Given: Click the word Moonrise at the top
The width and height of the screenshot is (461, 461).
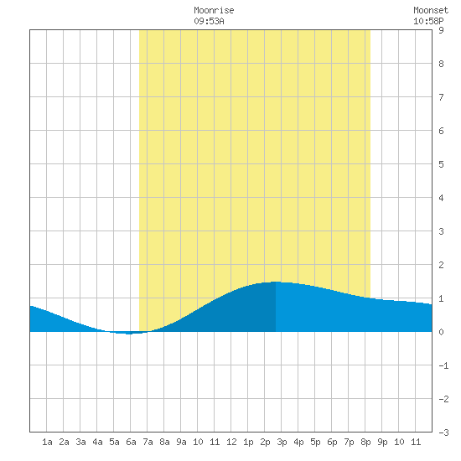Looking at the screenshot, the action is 214,10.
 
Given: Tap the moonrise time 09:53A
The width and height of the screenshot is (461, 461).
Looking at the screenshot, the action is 209,21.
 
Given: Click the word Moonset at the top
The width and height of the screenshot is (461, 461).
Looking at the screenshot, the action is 431,10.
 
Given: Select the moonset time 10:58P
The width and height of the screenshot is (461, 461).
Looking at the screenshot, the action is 428,21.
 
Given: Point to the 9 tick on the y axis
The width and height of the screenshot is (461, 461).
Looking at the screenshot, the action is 441,30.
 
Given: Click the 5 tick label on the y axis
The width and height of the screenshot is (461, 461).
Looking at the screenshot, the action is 441,164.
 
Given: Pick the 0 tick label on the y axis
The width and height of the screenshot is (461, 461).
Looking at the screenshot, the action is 441,332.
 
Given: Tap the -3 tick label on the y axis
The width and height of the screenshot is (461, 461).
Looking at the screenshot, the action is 443,433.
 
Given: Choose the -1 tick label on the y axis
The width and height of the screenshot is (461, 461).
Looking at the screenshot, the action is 443,365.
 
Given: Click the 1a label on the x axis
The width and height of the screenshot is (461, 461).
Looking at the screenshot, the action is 47,442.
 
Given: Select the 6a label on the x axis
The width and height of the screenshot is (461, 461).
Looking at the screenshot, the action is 131,442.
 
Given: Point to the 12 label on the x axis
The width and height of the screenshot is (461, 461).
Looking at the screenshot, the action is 231,442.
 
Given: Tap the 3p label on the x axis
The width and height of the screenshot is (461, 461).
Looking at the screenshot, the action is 282,442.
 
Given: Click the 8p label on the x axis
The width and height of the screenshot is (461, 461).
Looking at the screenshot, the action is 365,442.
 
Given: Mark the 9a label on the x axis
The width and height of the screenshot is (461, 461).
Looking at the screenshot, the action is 181,442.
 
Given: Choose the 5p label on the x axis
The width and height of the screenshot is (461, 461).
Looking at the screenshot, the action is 315,442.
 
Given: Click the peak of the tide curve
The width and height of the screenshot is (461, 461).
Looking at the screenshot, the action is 276,282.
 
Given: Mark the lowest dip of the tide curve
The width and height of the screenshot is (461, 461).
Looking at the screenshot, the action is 129,334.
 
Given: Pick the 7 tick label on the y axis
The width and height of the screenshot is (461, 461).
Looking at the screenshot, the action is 441,97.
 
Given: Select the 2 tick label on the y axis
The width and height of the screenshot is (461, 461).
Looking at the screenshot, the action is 441,265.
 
